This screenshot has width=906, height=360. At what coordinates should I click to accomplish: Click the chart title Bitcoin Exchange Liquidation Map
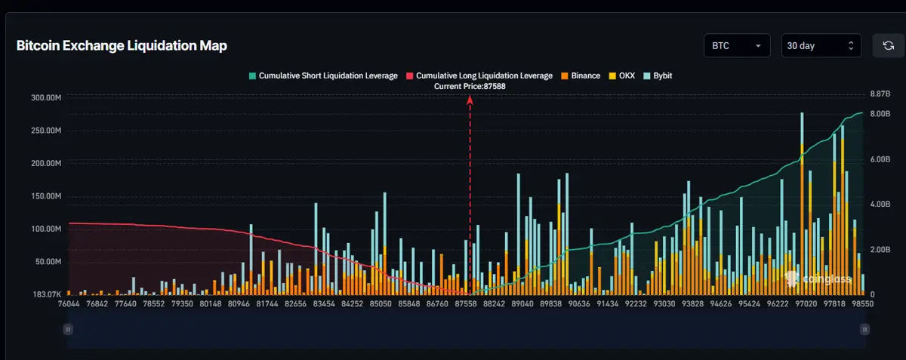(122, 46)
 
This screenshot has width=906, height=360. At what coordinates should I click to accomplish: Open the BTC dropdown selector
(736, 46)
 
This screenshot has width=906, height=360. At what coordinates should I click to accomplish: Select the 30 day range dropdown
(821, 46)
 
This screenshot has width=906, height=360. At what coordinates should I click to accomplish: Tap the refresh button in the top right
(888, 46)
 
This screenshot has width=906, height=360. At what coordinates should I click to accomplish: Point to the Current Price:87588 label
(470, 87)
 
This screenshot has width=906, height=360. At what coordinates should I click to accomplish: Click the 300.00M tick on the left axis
(46, 98)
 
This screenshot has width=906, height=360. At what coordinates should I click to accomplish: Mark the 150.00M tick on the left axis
(46, 196)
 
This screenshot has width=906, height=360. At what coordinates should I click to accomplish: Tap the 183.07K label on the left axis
(46, 294)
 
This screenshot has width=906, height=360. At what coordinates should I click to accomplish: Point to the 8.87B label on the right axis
(882, 94)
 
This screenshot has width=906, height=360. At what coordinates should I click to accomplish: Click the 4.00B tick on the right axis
(882, 205)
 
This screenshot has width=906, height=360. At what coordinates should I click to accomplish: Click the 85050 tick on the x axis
(378, 303)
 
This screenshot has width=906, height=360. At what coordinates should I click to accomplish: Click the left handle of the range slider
(68, 329)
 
